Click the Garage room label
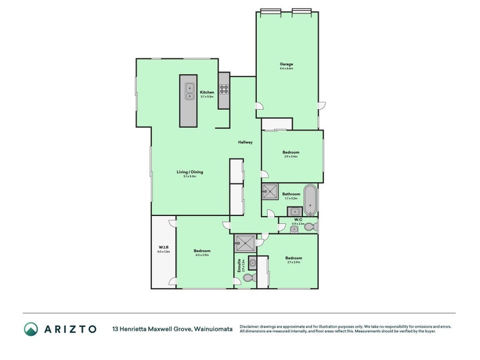pyautogui.click(x=286, y=64)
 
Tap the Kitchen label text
pyautogui.click(x=207, y=92)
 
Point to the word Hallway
pyautogui.click(x=245, y=142)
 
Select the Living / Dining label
pyautogui.click(x=190, y=172)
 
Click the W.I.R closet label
pyautogui.click(x=163, y=248)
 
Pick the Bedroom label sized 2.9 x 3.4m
pyautogui.click(x=291, y=152)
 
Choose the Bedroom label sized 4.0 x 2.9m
pyautogui.click(x=202, y=251)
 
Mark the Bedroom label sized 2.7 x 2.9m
pyautogui.click(x=293, y=259)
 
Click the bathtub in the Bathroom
pyautogui.click(x=310, y=200)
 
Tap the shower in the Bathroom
pyautogui.click(x=271, y=191)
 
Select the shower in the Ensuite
pyautogui.click(x=245, y=243)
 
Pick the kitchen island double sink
pyautogui.click(x=189, y=91)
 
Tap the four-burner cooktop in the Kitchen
pyautogui.click(x=224, y=91)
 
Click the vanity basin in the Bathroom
pyautogui.click(x=295, y=211)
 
